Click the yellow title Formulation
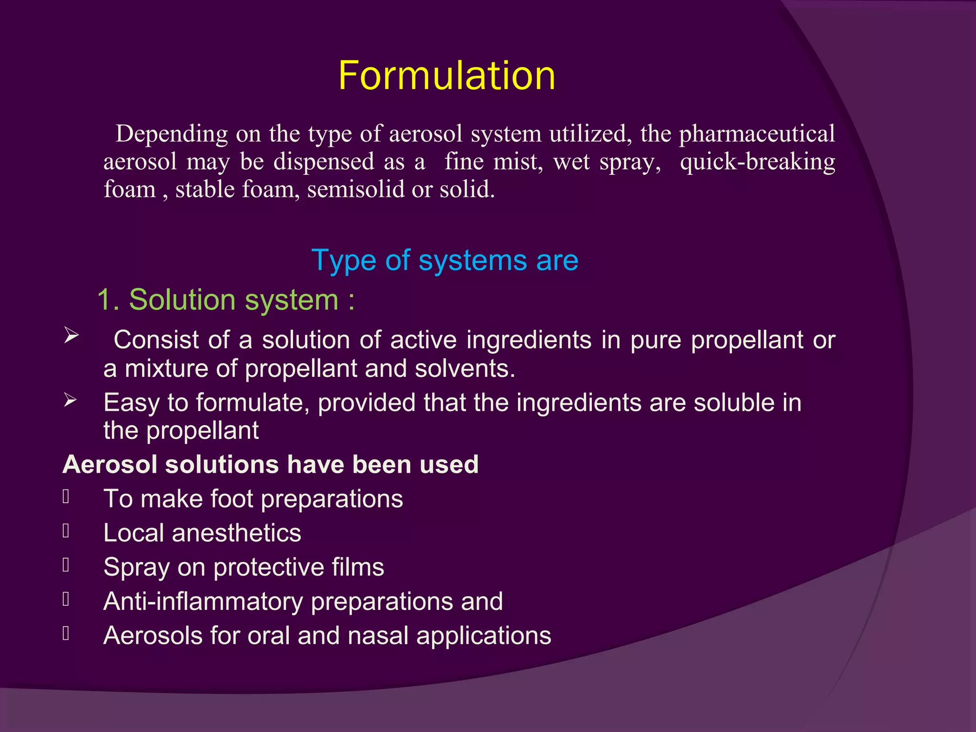[x=447, y=76]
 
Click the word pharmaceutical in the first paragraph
[x=757, y=134]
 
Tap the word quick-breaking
[x=757, y=162]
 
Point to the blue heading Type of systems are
[x=445, y=260]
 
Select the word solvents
[x=465, y=369]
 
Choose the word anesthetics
[x=236, y=533]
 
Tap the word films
[x=358, y=567]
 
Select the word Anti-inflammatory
[x=203, y=601]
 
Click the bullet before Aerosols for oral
[x=66, y=634]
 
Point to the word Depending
[x=172, y=134]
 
